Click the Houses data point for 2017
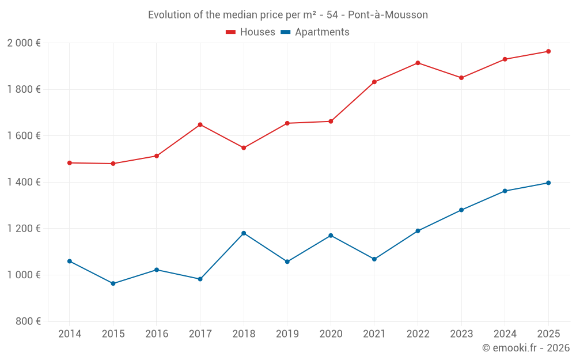pyautogui.click(x=200, y=124)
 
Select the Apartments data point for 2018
pyautogui.click(x=244, y=233)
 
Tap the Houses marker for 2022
pyautogui.click(x=418, y=63)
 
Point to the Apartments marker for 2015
pyautogui.click(x=113, y=283)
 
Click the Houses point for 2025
pyautogui.click(x=548, y=51)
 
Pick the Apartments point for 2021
pyautogui.click(x=374, y=259)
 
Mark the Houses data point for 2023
pyautogui.click(x=461, y=78)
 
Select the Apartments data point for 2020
pyautogui.click(x=331, y=236)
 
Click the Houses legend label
pyautogui.click(x=257, y=32)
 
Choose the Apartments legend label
pyautogui.click(x=322, y=32)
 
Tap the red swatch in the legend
pyautogui.click(x=231, y=32)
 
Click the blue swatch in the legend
pyautogui.click(x=285, y=32)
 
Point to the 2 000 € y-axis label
pyautogui.click(x=24, y=43)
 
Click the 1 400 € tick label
pyautogui.click(x=24, y=182)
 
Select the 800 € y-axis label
pyautogui.click(x=27, y=321)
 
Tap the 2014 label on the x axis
pyautogui.click(x=70, y=334)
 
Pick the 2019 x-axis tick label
pyautogui.click(x=287, y=334)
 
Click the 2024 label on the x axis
pyautogui.click(x=505, y=334)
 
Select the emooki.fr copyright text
pyautogui.click(x=525, y=348)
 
